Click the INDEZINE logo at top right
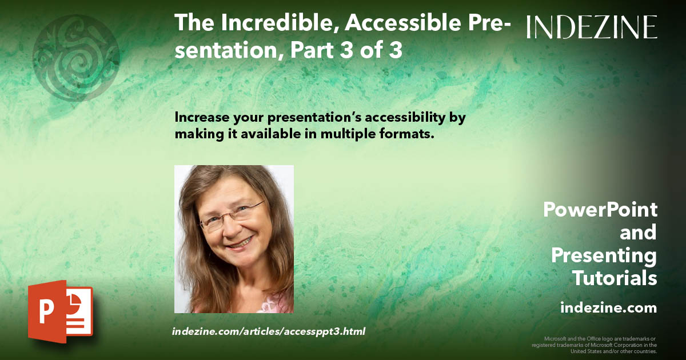pyautogui.click(x=592, y=27)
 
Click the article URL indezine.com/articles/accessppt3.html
pyautogui.click(x=268, y=331)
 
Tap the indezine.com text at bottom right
pyautogui.click(x=608, y=308)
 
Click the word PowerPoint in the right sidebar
pyautogui.click(x=600, y=210)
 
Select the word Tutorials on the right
pyautogui.click(x=615, y=279)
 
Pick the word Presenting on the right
pyautogui.click(x=604, y=255)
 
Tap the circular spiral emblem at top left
pyautogui.click(x=76, y=58)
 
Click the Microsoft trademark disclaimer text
pyautogui.click(x=595, y=345)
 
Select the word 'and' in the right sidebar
pyautogui.click(x=638, y=233)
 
